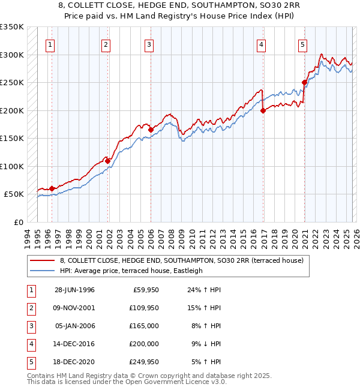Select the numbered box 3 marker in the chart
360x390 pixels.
[148, 44]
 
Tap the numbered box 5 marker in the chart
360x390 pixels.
[302, 44]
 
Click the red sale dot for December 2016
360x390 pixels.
[263, 110]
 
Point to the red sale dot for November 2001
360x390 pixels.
[108, 161]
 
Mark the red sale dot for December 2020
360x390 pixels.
[304, 83]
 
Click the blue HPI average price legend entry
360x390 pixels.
[131, 271]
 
